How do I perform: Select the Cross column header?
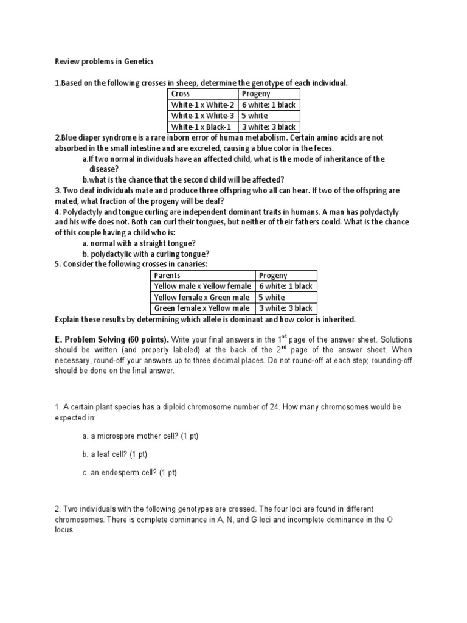181,94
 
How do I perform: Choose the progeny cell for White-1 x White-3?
255,116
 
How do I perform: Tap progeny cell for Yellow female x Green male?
272,298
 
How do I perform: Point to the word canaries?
190,265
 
